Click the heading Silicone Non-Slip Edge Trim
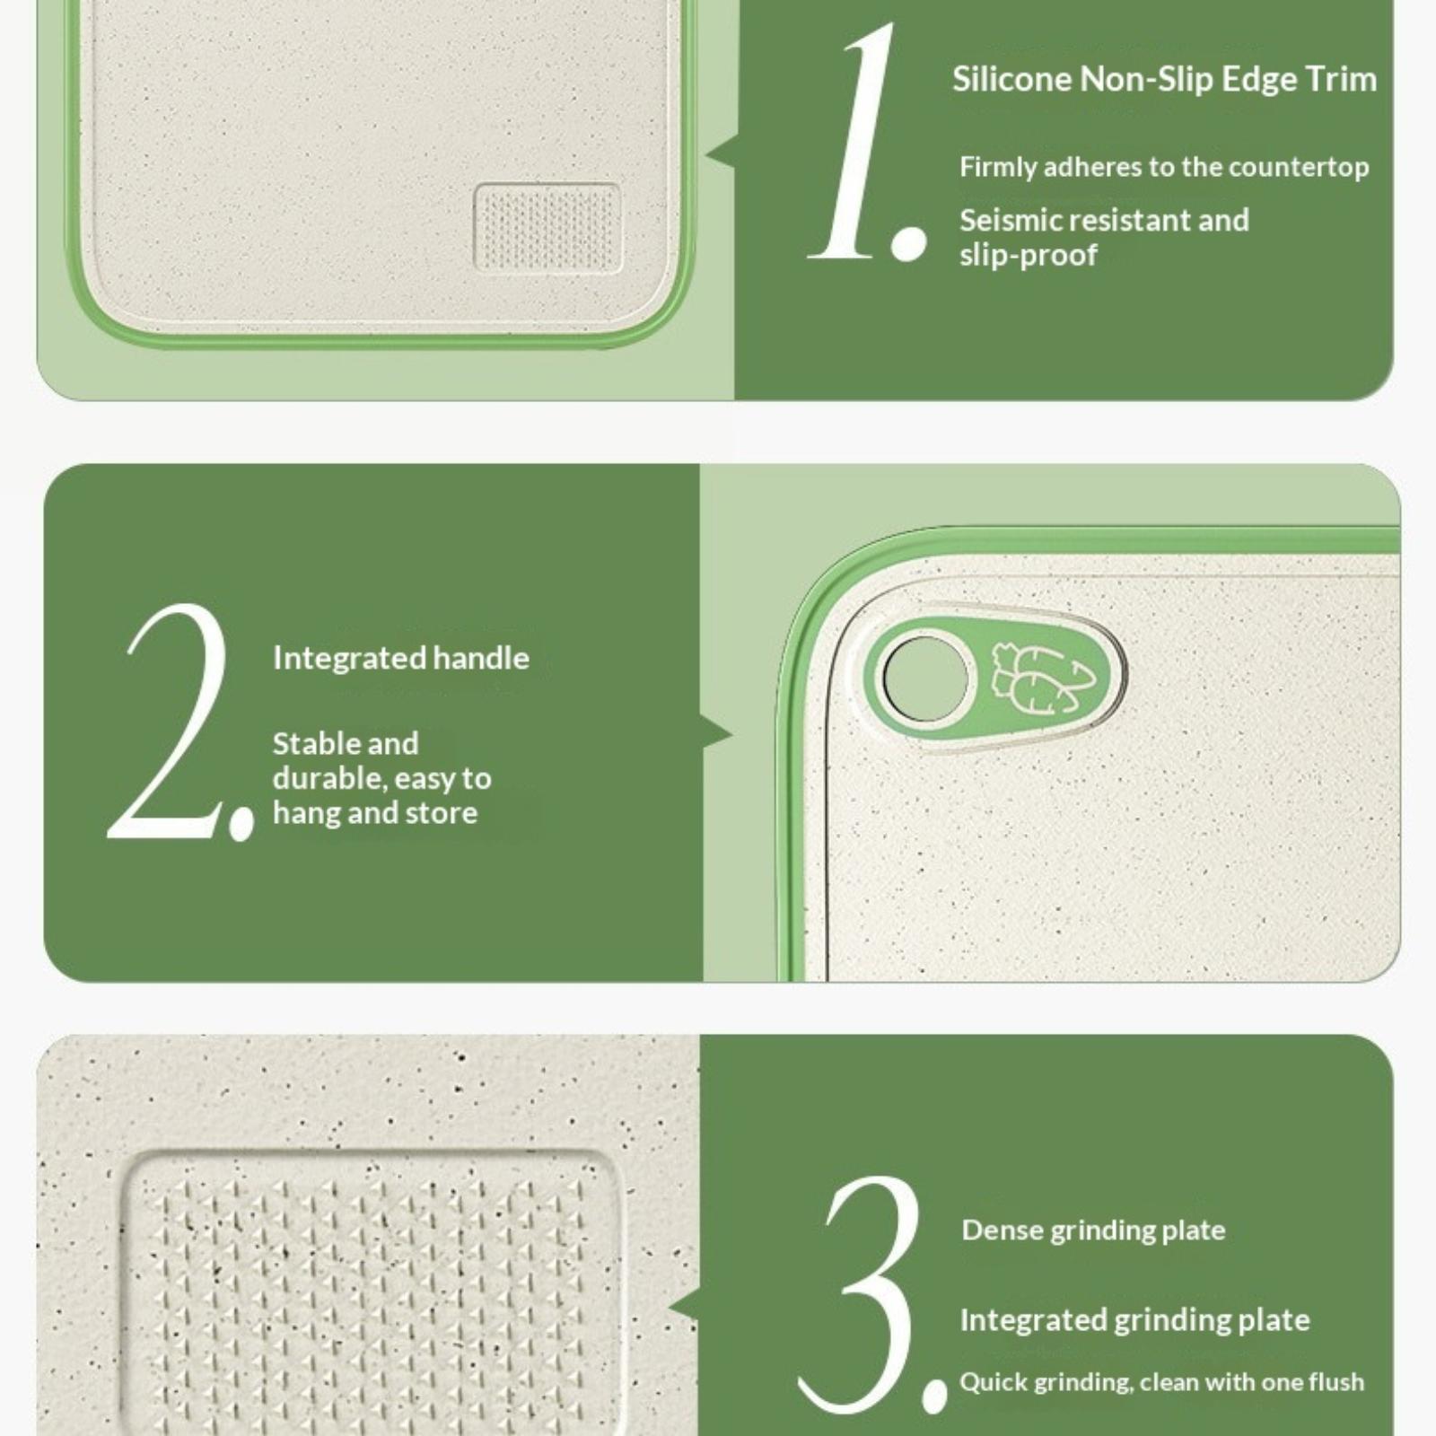[1164, 79]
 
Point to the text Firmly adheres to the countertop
[1164, 167]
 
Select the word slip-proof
[1028, 256]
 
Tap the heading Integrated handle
[401, 658]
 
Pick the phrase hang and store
[375, 813]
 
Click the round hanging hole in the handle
[925, 679]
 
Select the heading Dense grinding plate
[1093, 1230]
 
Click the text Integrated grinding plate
[1135, 1320]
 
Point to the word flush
[1337, 1381]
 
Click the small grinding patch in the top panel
[547, 227]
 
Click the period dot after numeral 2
[241, 821]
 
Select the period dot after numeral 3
[934, 1396]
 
